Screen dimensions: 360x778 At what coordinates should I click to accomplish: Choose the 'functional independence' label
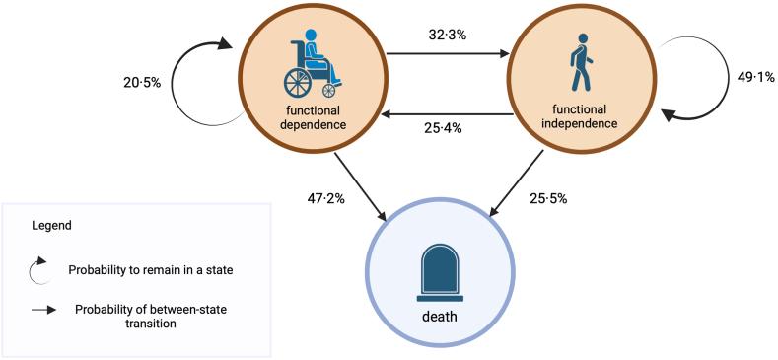(581, 117)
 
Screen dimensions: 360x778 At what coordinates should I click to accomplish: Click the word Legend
(51, 226)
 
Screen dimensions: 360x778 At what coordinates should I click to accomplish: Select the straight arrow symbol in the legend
(43, 310)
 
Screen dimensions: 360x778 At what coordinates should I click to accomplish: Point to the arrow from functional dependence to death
(360, 188)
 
